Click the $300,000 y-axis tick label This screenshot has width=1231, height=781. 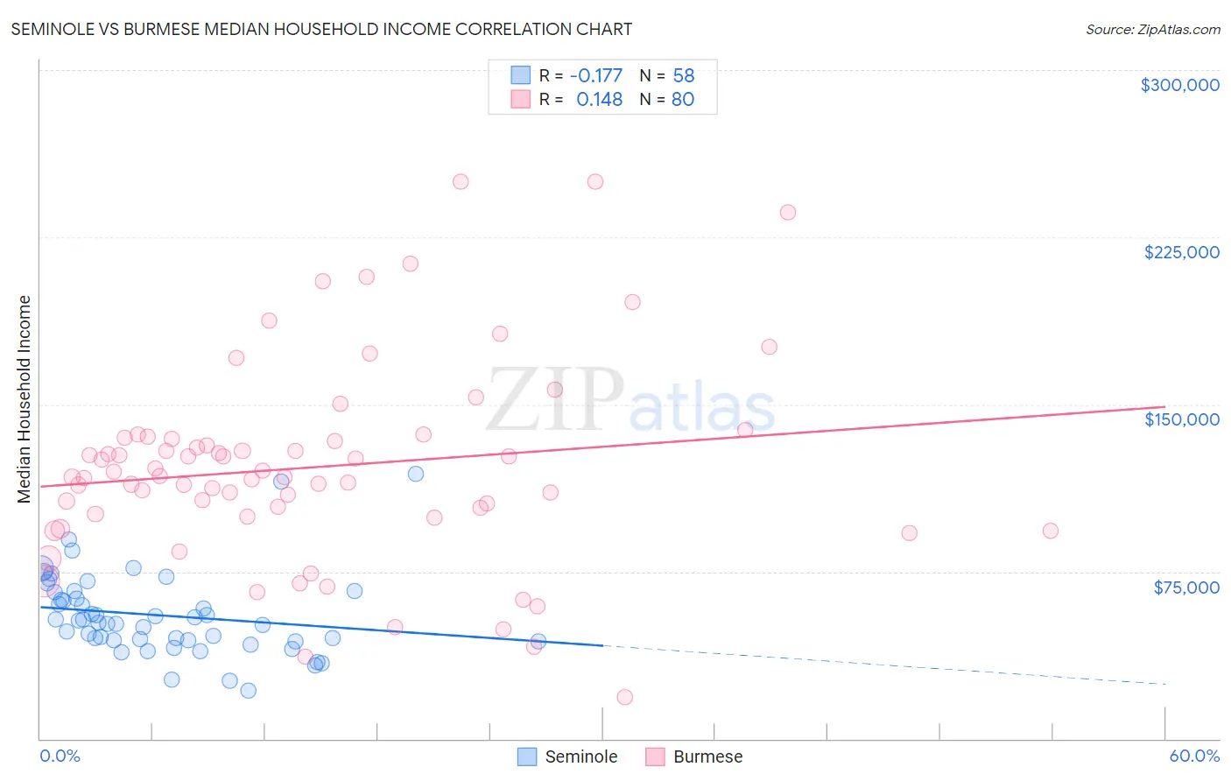point(1179,85)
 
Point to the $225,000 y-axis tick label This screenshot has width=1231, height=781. point(1181,252)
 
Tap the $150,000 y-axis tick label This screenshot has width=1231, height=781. point(1181,419)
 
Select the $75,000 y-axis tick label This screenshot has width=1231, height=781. point(1185,587)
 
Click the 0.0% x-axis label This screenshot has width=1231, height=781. point(60,756)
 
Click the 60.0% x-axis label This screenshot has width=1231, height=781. point(1193,756)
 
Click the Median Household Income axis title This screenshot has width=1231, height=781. point(24,399)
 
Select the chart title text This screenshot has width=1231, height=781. point(321,29)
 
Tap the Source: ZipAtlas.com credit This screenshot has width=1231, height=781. point(1152,29)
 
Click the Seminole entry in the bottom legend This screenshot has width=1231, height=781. point(580,756)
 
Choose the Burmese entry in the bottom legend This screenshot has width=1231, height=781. point(707,756)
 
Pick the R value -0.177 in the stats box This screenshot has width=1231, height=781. point(595,75)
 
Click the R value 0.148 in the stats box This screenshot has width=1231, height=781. point(599,100)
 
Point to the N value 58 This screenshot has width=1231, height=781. point(683,75)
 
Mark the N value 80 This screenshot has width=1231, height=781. point(682,100)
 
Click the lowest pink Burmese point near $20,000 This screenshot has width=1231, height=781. point(624,697)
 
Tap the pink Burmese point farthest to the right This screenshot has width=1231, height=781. point(1050,531)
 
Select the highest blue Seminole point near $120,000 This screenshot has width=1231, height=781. point(416,474)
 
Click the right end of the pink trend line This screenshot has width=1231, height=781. point(1164,406)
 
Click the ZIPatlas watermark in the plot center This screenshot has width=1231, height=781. point(630,400)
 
